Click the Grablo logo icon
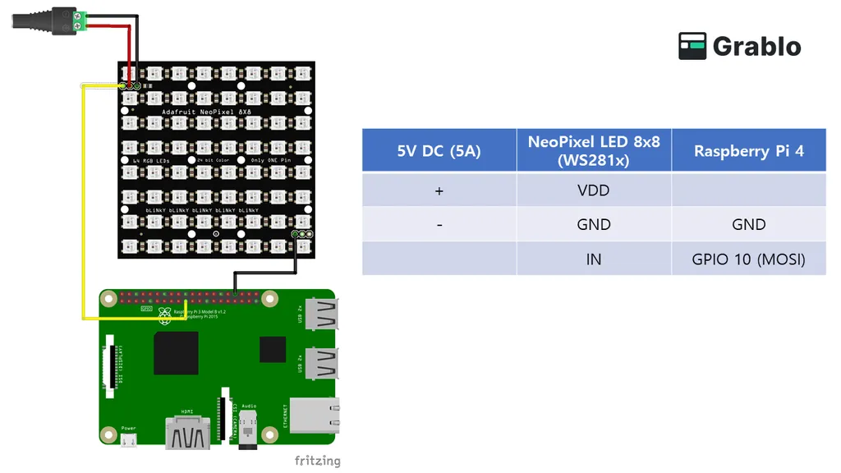tap(692, 46)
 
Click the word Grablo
tap(756, 47)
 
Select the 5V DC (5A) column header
tap(439, 150)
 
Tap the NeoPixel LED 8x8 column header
tap(594, 150)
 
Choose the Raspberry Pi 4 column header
tap(748, 150)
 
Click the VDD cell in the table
tap(594, 191)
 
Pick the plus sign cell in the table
tap(439, 191)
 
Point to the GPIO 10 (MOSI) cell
tap(748, 259)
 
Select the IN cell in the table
tap(594, 259)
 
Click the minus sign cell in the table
tap(439, 224)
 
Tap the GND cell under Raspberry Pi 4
tap(748, 224)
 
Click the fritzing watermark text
tap(317, 461)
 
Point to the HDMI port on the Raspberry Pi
tap(188, 432)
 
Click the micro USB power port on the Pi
tap(128, 441)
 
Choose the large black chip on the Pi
tap(176, 353)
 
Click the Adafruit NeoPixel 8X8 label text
tap(200, 109)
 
